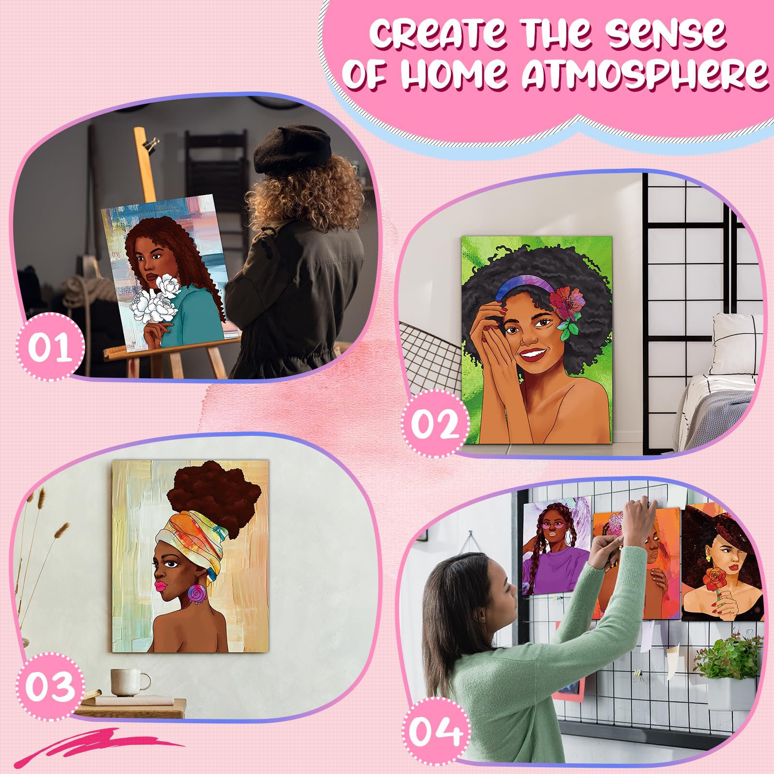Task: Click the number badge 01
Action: click(x=50, y=347)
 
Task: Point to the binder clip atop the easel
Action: click(x=154, y=144)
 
